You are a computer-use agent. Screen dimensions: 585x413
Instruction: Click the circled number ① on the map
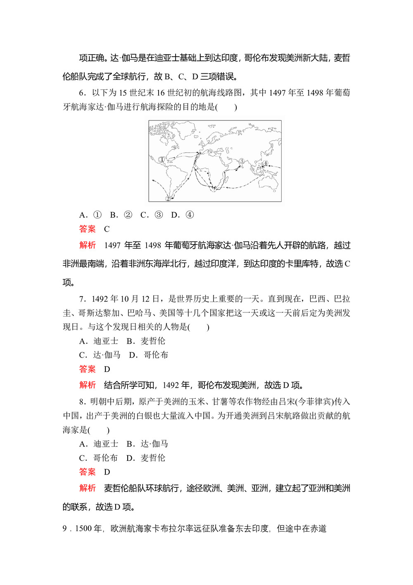point(162,159)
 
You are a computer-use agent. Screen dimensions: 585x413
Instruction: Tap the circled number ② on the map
point(168,198)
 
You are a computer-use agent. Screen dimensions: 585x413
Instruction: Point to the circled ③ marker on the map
point(242,161)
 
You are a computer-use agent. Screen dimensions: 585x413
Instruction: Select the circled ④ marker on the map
point(266,163)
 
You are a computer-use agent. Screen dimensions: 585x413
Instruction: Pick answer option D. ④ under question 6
point(182,215)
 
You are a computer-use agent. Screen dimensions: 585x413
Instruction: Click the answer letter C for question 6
point(107,229)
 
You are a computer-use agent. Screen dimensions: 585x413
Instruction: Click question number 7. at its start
point(82,299)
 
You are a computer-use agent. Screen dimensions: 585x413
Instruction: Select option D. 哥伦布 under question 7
point(148,355)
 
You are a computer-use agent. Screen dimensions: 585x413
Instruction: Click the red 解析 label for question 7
point(87,385)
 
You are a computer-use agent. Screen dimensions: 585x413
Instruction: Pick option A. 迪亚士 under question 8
point(99,444)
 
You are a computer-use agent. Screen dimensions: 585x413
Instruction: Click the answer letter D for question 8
point(107,472)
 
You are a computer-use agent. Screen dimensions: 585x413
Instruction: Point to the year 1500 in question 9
point(83,529)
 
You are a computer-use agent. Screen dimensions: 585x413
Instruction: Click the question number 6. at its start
point(82,93)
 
